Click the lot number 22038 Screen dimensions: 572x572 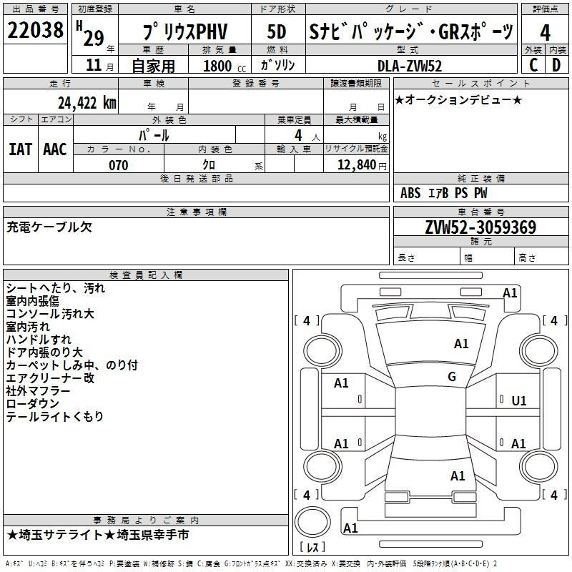pyautogui.click(x=35, y=30)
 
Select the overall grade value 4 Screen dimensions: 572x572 pyautogui.click(x=545, y=33)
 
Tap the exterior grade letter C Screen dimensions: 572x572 pyautogui.click(x=533, y=65)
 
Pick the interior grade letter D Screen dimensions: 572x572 pyautogui.click(x=556, y=65)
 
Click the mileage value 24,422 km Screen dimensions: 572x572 pyautogui.click(x=87, y=103)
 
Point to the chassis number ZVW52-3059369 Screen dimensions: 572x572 pyautogui.click(x=480, y=227)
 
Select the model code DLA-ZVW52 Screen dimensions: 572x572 pyautogui.click(x=409, y=66)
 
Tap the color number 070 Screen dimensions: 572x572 pyautogui.click(x=118, y=165)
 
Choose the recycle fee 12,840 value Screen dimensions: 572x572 pyautogui.click(x=357, y=165)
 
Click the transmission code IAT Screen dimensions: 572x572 pyautogui.click(x=20, y=149)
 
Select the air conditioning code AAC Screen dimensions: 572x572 pyautogui.click(x=55, y=149)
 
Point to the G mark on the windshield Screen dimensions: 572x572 pyautogui.click(x=452, y=377)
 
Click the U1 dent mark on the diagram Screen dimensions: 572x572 pyautogui.click(x=519, y=401)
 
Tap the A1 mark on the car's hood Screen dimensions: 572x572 pyautogui.click(x=461, y=344)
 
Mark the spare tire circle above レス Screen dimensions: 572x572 pyautogui.click(x=312, y=521)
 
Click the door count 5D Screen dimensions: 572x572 pyautogui.click(x=277, y=32)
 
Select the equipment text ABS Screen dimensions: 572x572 pyautogui.click(x=410, y=193)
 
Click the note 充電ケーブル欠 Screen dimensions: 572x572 pyautogui.click(x=49, y=227)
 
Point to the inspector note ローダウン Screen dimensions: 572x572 pyautogui.click(x=32, y=403)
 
